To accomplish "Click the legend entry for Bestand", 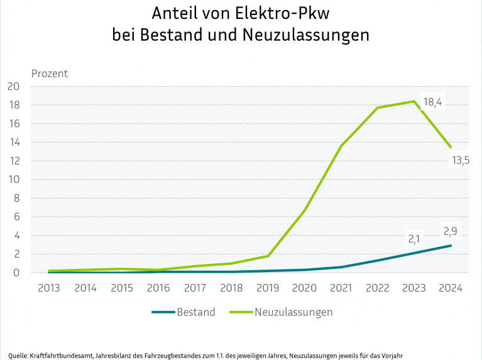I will coord(196,312).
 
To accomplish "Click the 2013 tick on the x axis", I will coord(49,288).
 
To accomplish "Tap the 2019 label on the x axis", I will coord(268,288).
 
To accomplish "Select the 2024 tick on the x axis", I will coord(451,288).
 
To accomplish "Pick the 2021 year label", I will coord(341,288).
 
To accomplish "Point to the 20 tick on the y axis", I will coord(14,87).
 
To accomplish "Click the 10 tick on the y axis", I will coord(14,180).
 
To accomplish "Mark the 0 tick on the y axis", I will coord(18,273).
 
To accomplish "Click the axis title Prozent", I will coord(50,74).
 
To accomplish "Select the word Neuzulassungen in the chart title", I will coord(305,35).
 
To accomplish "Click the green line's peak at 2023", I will coord(414,101).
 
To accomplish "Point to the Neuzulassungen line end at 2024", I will coord(451,147).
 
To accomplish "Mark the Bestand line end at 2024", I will coord(451,246).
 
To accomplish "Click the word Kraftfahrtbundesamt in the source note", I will coord(55,355).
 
